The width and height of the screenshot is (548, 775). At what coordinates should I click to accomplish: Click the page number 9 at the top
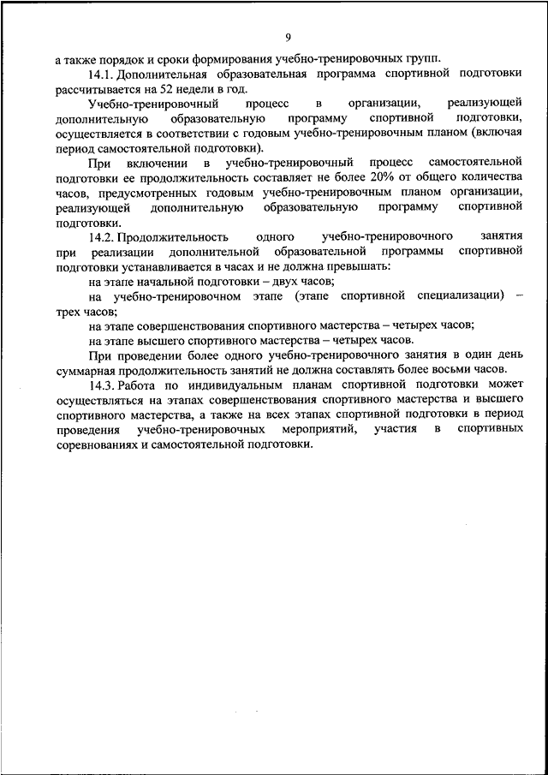tap(288, 36)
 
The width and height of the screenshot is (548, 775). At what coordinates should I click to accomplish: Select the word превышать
tap(360, 266)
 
